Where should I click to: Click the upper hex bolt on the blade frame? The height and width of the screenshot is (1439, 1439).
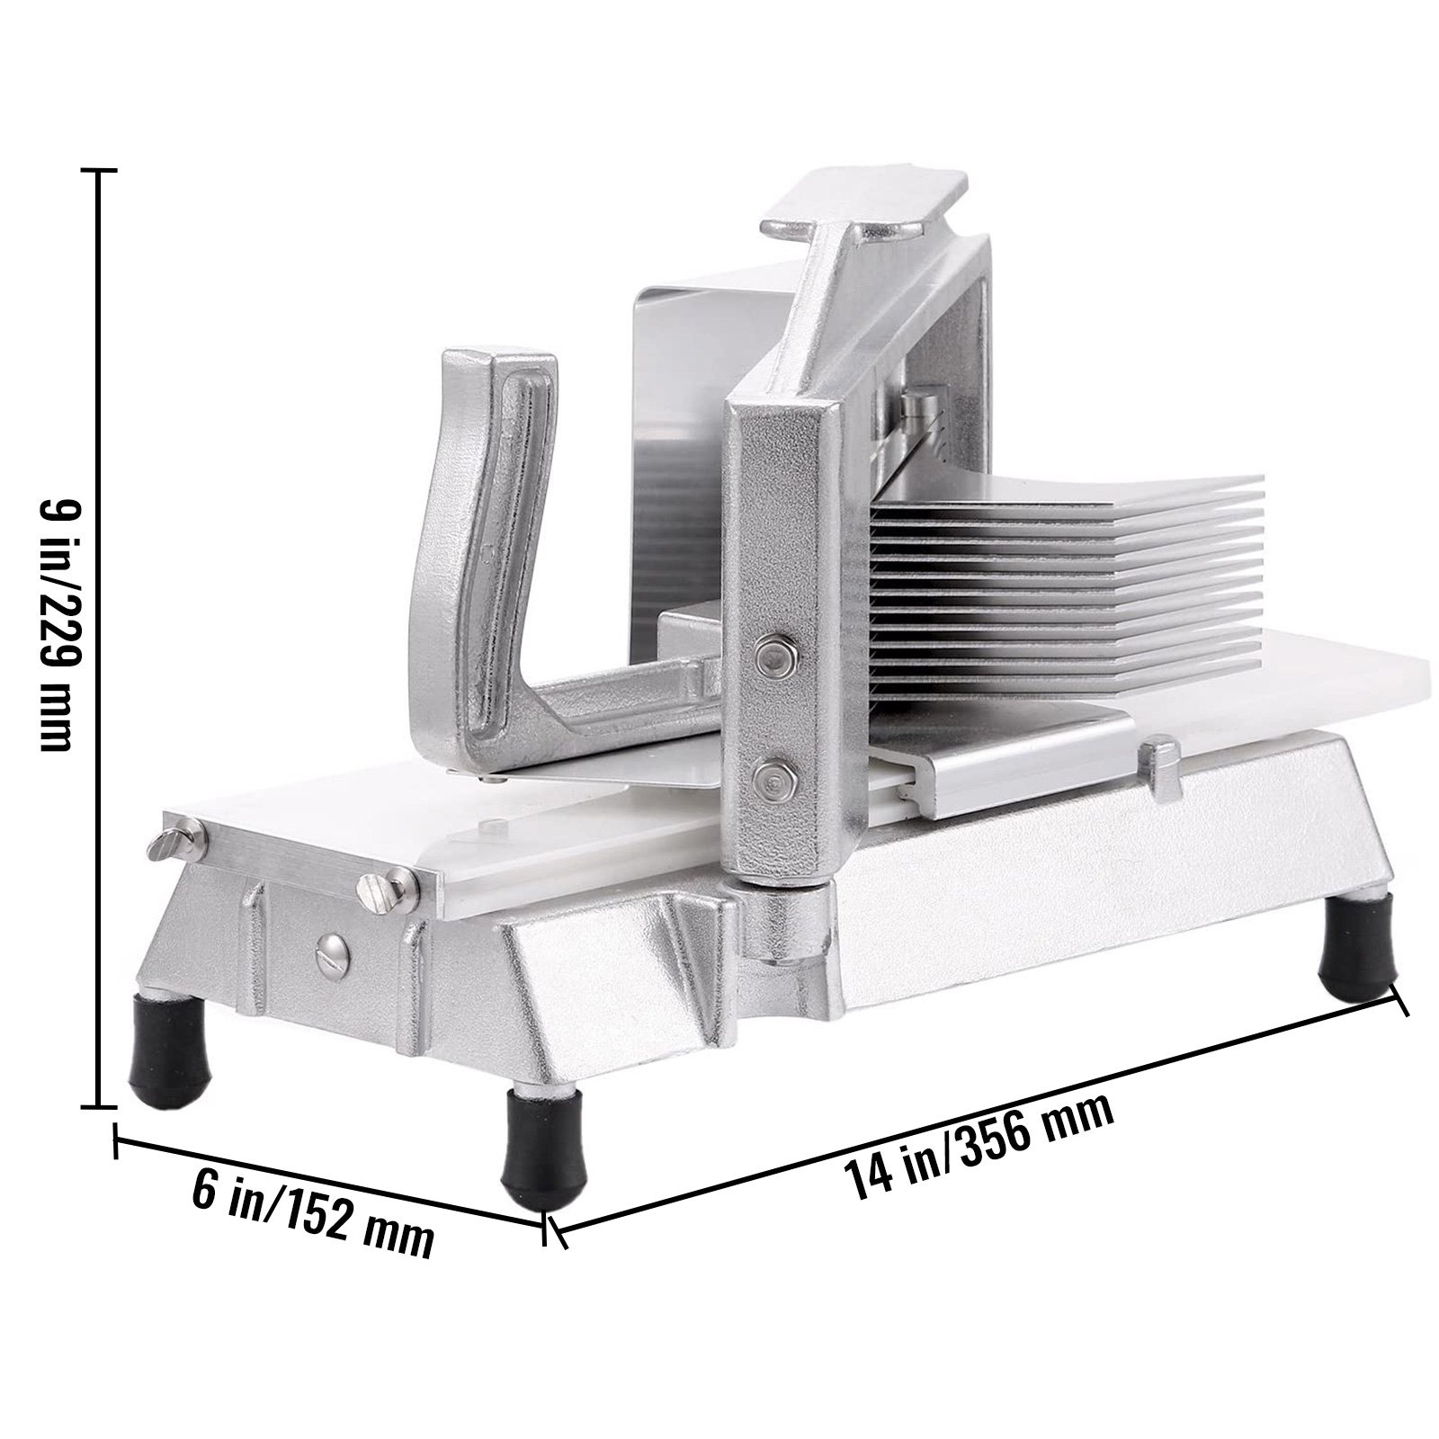[x=770, y=654]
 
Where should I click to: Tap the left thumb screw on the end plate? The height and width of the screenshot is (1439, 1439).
[x=175, y=844]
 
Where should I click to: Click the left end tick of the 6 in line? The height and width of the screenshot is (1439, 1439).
[x=115, y=1140]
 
